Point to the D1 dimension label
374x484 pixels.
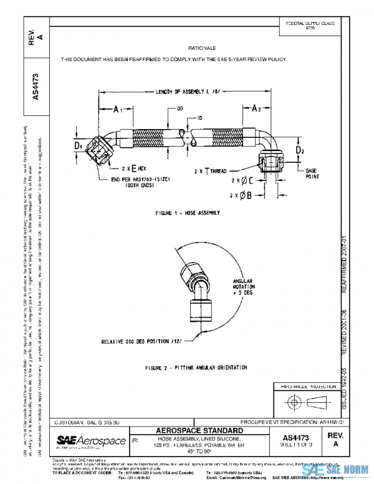pos(79,146)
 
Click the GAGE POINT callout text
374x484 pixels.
pos(312,173)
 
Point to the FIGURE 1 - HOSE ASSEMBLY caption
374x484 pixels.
pos(187,213)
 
